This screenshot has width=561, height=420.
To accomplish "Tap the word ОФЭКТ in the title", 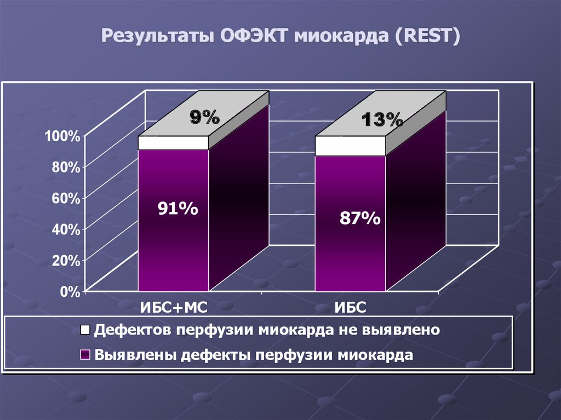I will pos(254,39).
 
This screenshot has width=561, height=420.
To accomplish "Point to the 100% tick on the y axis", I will pos(62,136).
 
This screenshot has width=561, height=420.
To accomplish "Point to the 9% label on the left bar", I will pos(204,117).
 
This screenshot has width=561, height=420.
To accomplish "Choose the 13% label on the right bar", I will pos(382,119).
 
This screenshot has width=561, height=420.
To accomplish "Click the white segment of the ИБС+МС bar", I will pos(173,143).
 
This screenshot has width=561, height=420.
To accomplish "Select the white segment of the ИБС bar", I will pos(350,146).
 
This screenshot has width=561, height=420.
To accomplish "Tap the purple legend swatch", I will pos(85,354).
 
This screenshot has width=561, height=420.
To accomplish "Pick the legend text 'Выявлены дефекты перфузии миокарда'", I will pos(253,354).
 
